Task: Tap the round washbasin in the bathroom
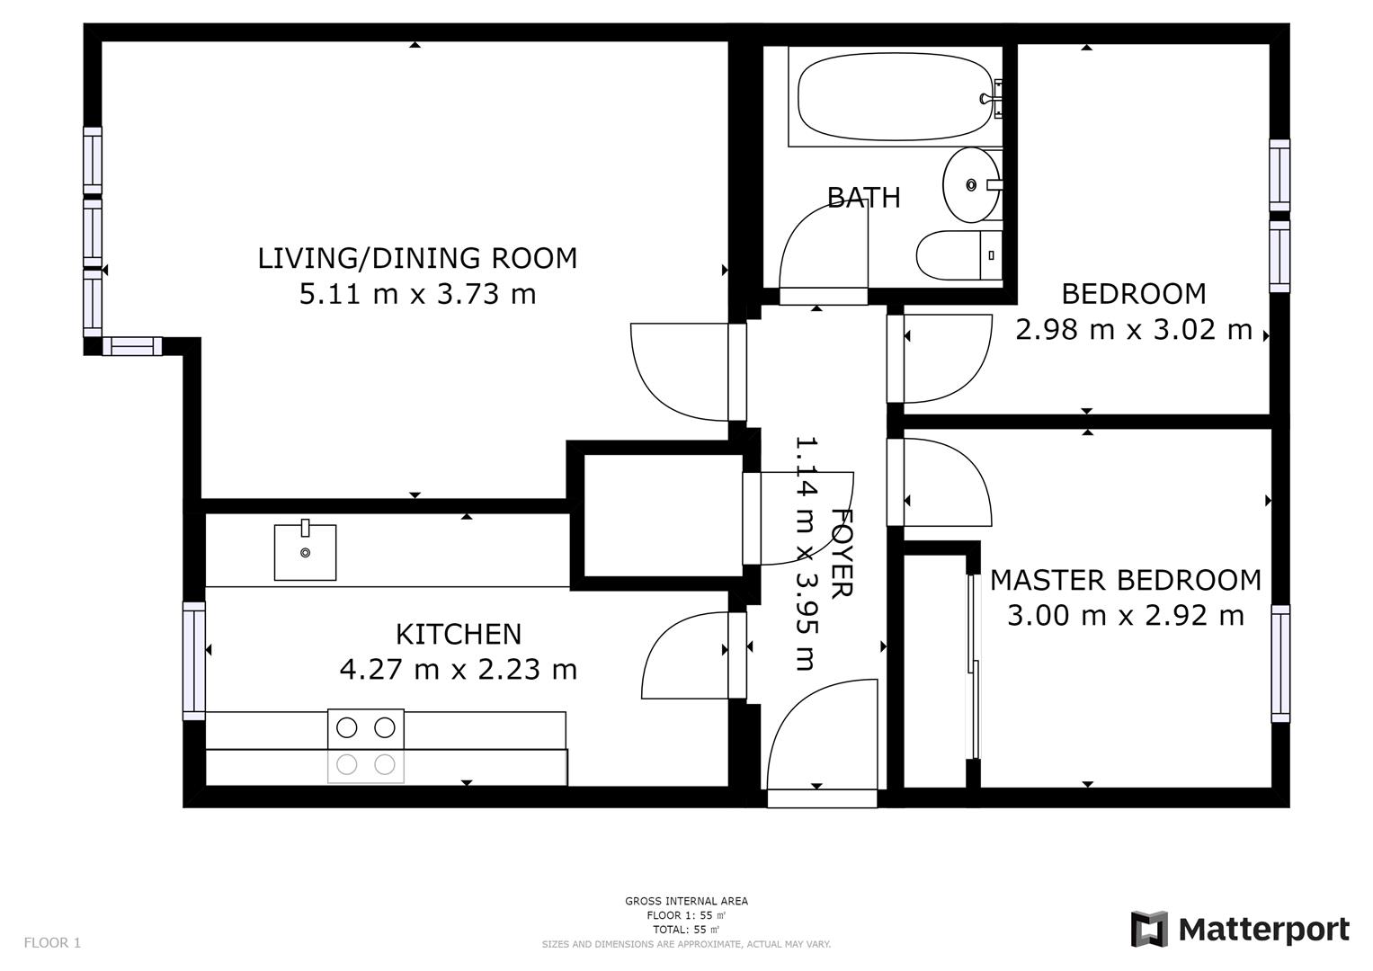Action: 971,184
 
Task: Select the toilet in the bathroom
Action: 959,255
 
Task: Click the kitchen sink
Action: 305,552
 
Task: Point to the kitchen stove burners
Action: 366,746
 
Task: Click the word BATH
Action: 864,198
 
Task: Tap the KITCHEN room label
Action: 459,634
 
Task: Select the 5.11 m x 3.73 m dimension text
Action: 417,294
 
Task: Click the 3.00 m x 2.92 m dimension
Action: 1126,615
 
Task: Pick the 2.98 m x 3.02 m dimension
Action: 1133,330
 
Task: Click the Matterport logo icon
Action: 1149,930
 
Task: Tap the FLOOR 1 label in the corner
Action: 52,943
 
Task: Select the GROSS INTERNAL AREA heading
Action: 687,901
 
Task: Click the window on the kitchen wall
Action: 193,661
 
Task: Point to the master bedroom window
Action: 1280,664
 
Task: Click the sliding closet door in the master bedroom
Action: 974,666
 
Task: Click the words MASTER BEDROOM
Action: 1126,580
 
